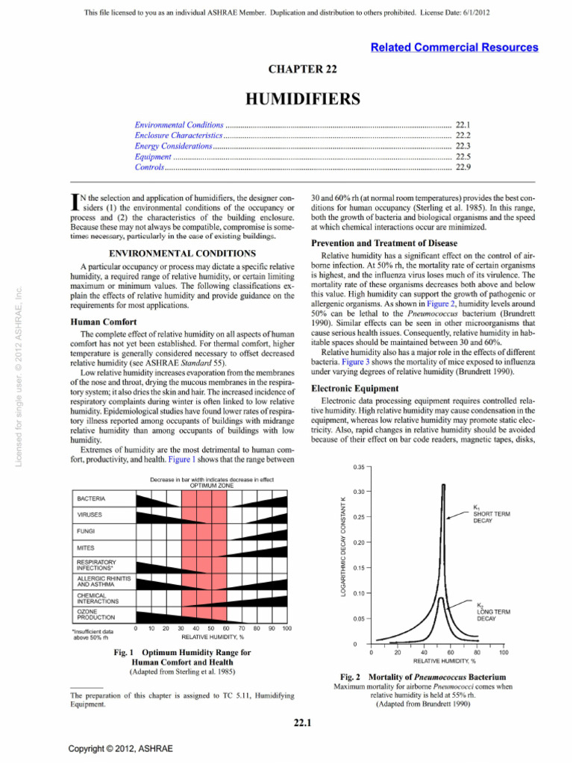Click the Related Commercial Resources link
pos(454,47)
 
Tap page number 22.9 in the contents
pos(462,169)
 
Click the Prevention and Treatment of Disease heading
pos(384,242)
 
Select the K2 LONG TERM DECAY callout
pos(492,611)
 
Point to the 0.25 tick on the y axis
pos(357,517)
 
